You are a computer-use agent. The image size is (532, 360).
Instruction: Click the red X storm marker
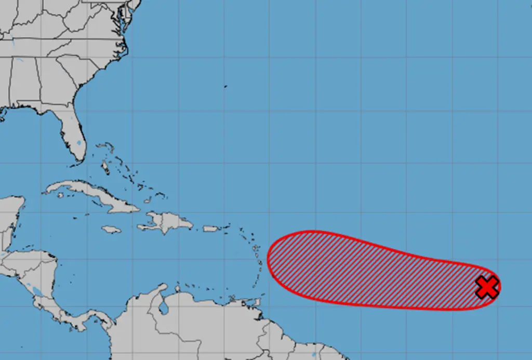coord(487,287)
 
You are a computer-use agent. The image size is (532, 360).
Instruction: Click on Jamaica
coord(111,229)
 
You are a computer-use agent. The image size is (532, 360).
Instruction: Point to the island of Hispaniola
coord(166,222)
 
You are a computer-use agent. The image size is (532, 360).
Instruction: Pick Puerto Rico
coord(210,228)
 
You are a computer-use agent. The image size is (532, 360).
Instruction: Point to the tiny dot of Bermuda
coord(225,86)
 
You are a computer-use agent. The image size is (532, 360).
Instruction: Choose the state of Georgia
coord(57,83)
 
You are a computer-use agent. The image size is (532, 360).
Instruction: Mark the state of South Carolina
coord(83,68)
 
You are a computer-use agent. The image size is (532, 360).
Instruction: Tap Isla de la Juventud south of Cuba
coord(61,195)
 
